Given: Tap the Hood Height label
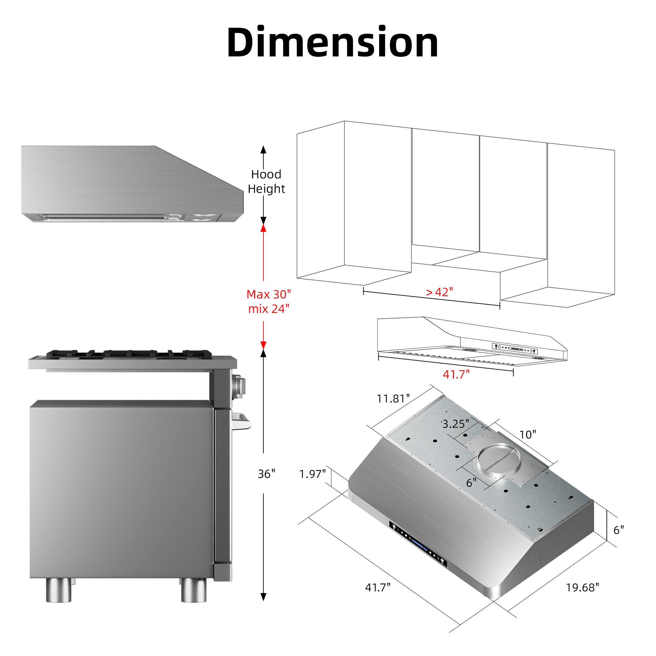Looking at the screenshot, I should click(266, 181).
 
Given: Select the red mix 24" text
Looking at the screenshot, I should click(269, 309).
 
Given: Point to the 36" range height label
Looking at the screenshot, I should click(266, 474).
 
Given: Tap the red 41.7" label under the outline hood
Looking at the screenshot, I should click(456, 374).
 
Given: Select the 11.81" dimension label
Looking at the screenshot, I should click(393, 399).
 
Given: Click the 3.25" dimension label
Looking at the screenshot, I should click(456, 424).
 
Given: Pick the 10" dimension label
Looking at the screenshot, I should click(528, 434).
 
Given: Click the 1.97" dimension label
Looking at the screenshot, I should click(312, 474).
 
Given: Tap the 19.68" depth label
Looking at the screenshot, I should click(582, 587).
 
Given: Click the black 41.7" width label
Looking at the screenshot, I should click(378, 587).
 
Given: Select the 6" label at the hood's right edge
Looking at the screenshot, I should click(618, 530).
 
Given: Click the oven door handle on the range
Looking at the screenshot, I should click(242, 423).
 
